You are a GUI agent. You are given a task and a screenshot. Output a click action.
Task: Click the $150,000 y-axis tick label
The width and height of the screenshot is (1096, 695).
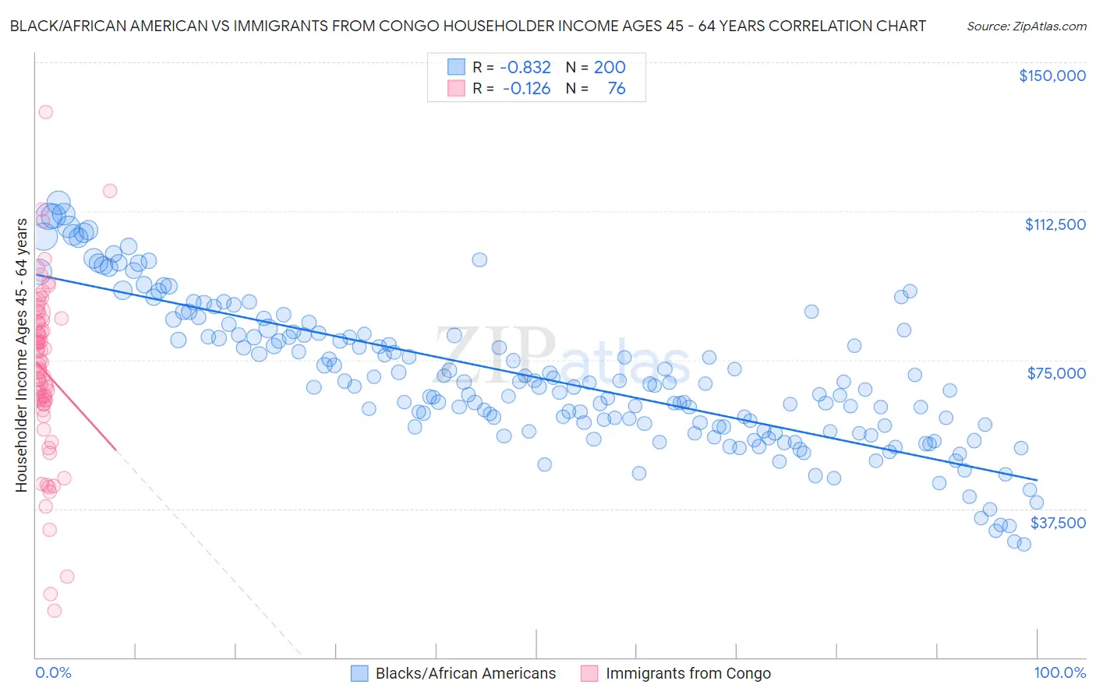click(1052, 76)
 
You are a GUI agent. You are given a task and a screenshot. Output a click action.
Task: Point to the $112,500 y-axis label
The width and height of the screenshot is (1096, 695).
click(1055, 224)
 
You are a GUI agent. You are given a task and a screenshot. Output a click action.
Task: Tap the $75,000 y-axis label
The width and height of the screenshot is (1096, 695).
click(1056, 373)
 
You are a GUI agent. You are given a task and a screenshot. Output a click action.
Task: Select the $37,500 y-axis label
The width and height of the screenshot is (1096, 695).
click(1058, 523)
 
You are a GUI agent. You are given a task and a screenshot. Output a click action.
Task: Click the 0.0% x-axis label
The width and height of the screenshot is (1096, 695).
click(53, 673)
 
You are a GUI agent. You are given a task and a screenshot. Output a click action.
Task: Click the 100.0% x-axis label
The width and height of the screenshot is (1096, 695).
click(1059, 673)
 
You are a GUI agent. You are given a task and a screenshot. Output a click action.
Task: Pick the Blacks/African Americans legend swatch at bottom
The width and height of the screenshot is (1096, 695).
click(359, 673)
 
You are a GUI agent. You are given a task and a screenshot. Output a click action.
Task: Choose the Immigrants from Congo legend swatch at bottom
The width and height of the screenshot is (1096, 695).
click(589, 673)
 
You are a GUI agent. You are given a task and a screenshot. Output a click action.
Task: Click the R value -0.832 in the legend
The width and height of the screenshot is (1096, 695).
click(525, 68)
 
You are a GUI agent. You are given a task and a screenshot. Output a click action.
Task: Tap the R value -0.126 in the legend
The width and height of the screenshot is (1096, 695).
click(526, 89)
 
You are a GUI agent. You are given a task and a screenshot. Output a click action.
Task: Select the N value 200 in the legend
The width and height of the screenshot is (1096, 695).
click(610, 68)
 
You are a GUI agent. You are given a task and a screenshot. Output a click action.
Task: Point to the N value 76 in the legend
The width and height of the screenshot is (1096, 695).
click(616, 89)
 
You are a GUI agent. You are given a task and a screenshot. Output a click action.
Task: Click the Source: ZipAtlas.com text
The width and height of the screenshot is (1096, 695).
click(1026, 26)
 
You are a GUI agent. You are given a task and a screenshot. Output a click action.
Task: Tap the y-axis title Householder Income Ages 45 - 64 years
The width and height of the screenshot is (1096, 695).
click(21, 355)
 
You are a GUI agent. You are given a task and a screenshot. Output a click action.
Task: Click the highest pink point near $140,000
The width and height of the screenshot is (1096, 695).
click(45, 112)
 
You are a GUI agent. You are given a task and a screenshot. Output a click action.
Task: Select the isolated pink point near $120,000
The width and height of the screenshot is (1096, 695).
click(110, 191)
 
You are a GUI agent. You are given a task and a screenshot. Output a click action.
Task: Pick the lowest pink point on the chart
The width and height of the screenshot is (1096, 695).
click(54, 611)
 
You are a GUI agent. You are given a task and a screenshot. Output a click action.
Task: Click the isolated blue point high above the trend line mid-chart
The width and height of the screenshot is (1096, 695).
click(479, 260)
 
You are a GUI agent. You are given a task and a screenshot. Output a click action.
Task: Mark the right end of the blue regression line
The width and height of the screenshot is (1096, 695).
click(1037, 479)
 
